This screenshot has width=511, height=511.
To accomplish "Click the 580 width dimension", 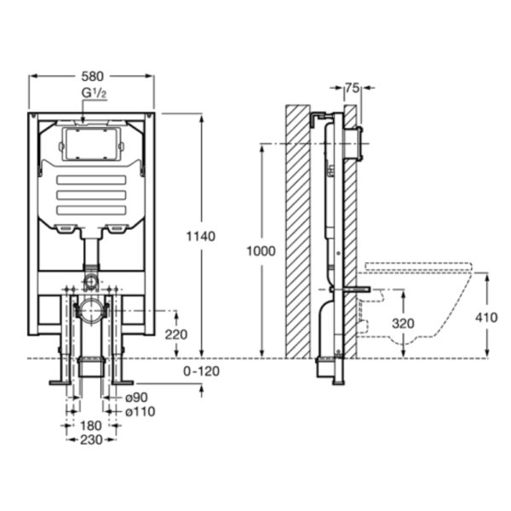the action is [92, 77].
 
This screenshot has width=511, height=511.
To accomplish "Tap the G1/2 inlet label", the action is [94, 93].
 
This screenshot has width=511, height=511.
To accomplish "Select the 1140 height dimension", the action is [201, 236].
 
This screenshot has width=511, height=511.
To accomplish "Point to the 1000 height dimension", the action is [261, 251].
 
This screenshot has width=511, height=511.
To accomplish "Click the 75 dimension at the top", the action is [352, 88].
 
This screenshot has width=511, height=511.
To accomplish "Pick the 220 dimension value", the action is [176, 335].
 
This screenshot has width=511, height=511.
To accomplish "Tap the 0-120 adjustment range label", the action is [201, 371].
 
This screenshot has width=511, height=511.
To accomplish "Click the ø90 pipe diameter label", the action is [136, 397].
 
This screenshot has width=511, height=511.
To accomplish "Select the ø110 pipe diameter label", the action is [141, 411].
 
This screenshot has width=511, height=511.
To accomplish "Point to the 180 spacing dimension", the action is [91, 426].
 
